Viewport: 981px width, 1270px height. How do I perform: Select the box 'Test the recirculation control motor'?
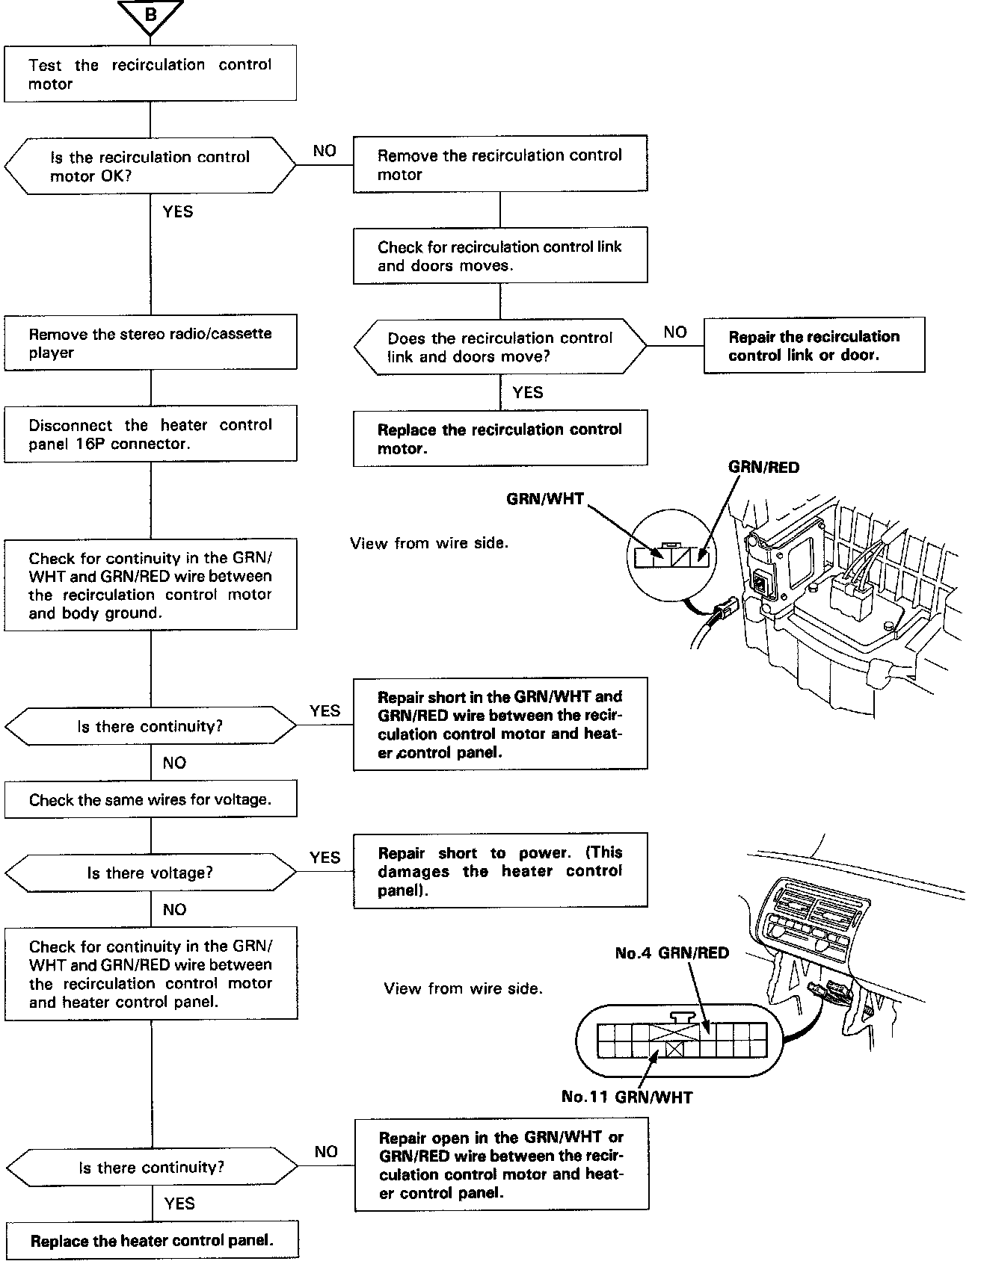150,73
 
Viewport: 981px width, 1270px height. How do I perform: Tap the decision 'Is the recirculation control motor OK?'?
150,166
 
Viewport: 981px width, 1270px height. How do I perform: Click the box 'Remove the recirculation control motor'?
500,164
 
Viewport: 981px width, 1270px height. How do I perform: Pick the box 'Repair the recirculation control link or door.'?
814,345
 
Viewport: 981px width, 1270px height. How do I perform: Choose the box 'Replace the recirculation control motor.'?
500,439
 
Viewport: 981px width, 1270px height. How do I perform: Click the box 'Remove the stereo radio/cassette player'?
150,343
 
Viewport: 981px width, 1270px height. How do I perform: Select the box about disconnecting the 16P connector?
150,434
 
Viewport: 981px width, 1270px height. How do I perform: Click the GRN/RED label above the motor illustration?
763,468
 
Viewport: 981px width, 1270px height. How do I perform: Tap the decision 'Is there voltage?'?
150,873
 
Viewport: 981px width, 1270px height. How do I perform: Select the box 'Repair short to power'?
500,870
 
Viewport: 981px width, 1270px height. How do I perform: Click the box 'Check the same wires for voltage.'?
150,799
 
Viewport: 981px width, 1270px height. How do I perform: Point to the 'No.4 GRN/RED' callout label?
671,953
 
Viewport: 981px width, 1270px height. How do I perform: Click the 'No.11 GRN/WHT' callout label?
627,1097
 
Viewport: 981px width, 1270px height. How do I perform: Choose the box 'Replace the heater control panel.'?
152,1241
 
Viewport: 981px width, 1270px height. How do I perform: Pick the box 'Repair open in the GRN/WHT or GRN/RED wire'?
501,1165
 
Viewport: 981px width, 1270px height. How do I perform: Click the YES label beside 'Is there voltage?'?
325,857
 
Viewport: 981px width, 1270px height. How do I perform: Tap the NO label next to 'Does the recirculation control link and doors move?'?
675,332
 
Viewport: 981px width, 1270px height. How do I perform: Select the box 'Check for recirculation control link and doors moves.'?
500,256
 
